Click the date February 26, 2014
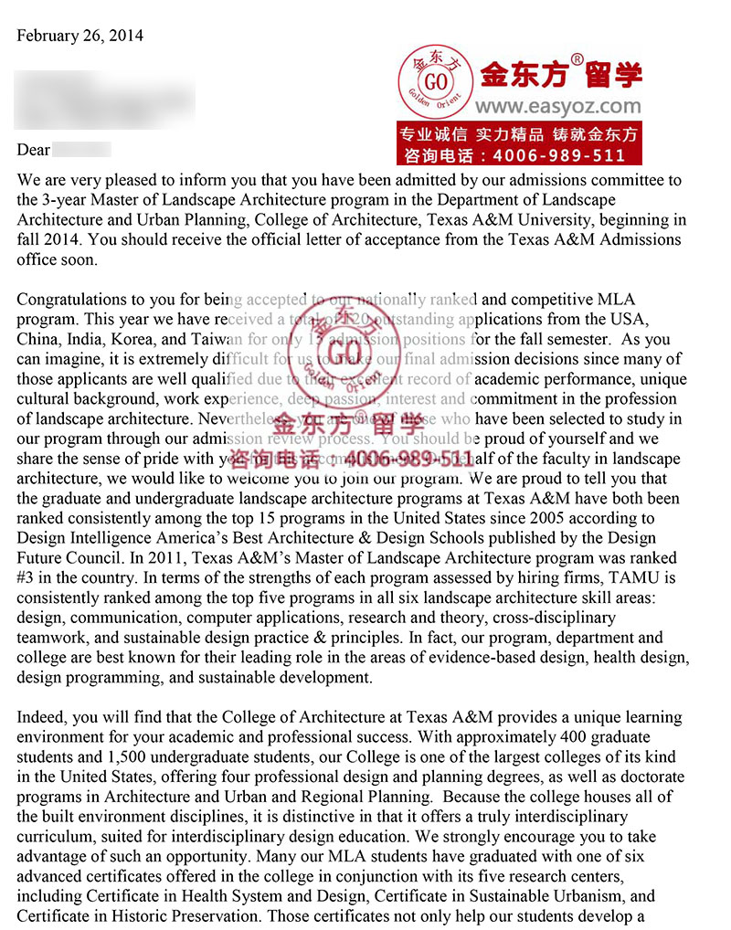[x=80, y=36]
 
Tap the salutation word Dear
[x=34, y=150]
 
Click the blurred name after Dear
[x=81, y=150]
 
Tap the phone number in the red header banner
[x=552, y=155]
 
